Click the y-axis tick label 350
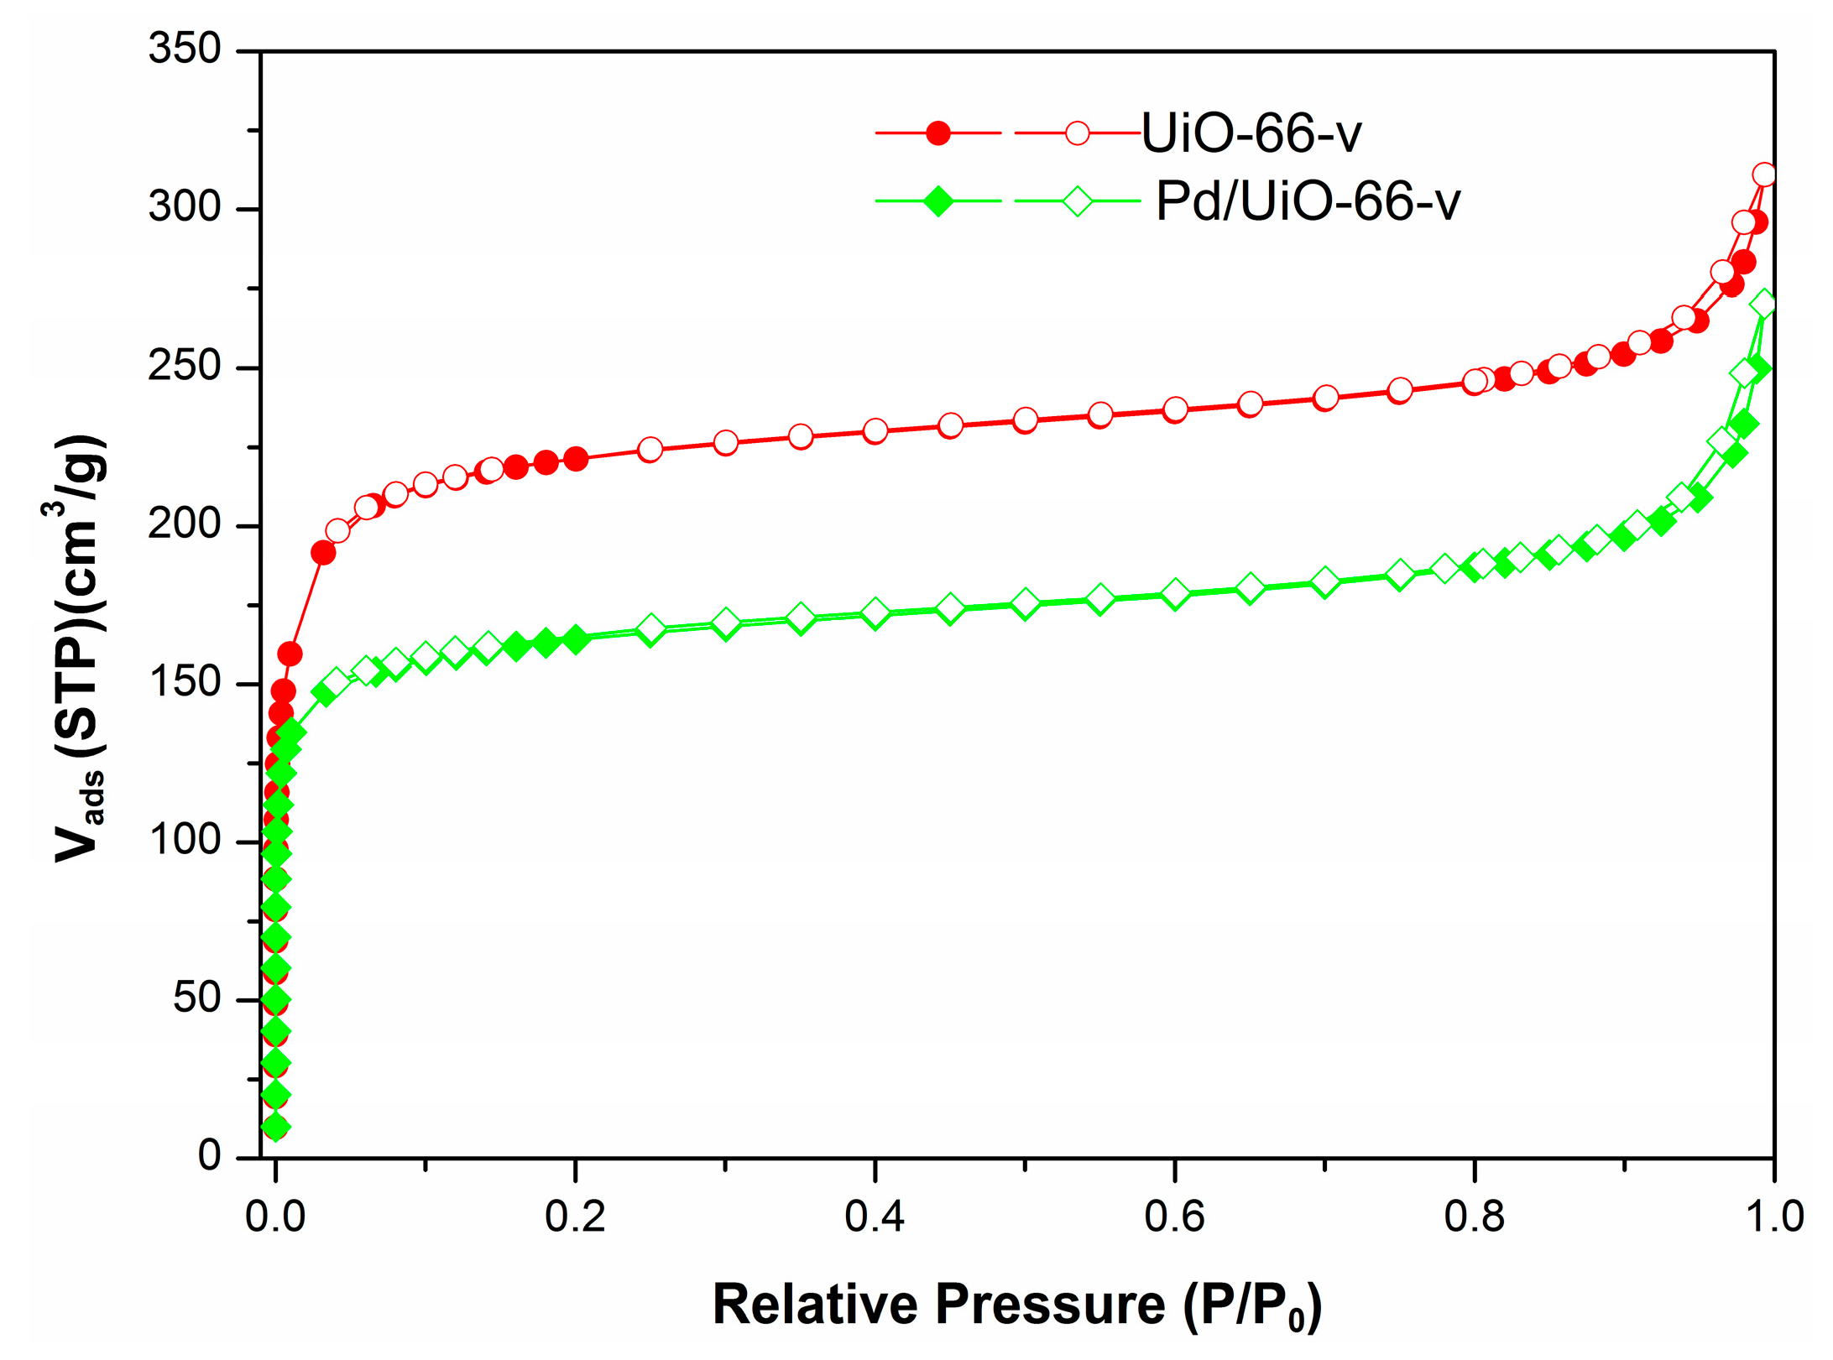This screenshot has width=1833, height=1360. tap(185, 49)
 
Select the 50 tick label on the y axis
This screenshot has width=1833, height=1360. tap(196, 998)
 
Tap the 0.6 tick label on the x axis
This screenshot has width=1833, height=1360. tap(1174, 1217)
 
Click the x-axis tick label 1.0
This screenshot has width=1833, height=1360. tap(1774, 1217)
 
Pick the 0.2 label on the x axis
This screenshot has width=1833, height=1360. tap(575, 1217)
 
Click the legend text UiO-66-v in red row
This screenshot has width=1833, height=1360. tap(1251, 133)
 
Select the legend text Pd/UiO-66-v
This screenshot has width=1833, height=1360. tap(1308, 201)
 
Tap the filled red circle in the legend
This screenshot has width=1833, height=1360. tap(938, 133)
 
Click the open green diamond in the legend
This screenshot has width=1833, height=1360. tap(1078, 201)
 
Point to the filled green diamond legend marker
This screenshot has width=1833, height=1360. tap(938, 201)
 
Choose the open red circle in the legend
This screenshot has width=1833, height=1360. tap(1078, 133)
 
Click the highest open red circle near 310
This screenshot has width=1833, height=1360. tap(1764, 175)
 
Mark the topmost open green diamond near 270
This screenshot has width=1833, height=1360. tap(1764, 304)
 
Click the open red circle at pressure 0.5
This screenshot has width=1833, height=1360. tap(1025, 420)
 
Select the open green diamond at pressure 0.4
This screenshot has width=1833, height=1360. tap(875, 613)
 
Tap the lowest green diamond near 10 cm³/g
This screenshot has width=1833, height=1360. tap(275, 1127)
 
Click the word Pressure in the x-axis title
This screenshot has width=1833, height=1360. tap(1049, 1305)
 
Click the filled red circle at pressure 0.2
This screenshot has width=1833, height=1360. tap(575, 459)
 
